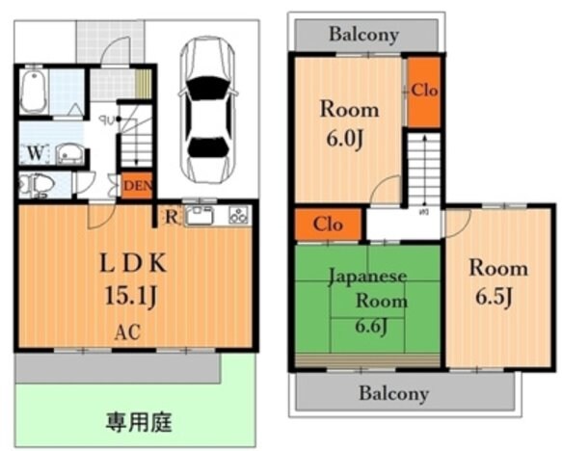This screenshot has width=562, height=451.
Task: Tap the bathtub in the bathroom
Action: [35, 92]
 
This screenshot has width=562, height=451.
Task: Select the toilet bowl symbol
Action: [36, 184]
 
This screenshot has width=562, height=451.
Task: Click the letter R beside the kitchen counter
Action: [171, 216]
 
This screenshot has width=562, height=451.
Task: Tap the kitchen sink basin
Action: [201, 215]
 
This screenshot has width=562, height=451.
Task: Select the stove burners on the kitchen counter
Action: [237, 215]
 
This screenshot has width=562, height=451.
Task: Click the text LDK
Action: [134, 263]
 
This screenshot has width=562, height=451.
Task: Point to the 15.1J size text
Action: [134, 295]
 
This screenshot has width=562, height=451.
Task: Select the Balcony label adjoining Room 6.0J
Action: [363, 35]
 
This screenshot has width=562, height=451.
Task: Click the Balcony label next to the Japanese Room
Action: [393, 393]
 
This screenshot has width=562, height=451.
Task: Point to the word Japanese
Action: [368, 277]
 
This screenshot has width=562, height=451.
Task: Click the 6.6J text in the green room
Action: [368, 326]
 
